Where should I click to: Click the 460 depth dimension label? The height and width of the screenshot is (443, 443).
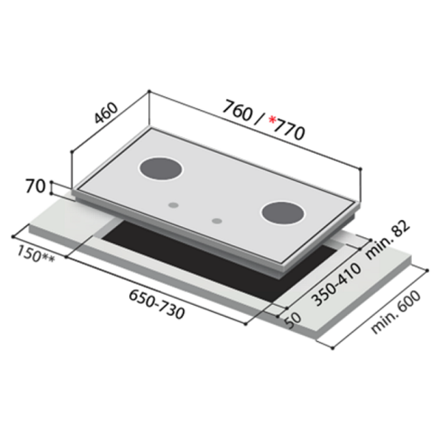tap(106, 112)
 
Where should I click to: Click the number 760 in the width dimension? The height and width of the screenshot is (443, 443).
tap(237, 111)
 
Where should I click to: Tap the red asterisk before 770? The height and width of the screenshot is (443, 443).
tap(272, 120)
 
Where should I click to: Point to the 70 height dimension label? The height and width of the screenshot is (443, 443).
tap(35, 186)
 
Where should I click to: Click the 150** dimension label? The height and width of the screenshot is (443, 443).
tap(35, 254)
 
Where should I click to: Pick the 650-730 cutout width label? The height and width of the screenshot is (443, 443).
tap(157, 305)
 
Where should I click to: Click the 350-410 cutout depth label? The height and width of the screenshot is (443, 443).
tap(336, 285)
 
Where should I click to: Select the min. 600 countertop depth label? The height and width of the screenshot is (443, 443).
tap(396, 312)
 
